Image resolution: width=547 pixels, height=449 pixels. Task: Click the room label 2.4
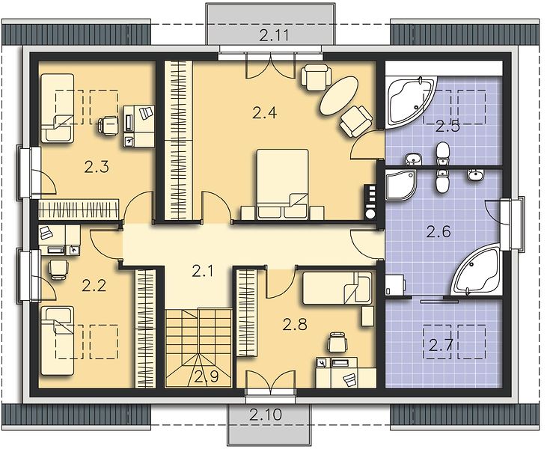265,113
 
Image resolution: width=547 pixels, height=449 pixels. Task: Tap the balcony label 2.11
275,36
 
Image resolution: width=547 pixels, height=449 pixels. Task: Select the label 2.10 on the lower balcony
266,415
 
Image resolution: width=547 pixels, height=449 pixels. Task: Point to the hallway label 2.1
203,271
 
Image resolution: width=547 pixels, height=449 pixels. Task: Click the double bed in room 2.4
283,185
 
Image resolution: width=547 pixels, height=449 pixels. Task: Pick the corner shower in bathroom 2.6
401,186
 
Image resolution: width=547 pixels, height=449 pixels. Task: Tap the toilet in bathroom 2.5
443,153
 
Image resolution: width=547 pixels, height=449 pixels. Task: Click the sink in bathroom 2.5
413,159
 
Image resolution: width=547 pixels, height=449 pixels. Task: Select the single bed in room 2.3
57,109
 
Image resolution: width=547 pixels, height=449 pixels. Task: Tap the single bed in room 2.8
337,288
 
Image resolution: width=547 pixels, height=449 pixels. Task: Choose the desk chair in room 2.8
337,342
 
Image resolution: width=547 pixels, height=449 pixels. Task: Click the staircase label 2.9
207,376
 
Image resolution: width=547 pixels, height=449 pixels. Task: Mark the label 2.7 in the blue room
441,346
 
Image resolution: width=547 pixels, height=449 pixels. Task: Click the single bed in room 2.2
57,341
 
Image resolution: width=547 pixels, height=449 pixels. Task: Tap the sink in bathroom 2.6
475,175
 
